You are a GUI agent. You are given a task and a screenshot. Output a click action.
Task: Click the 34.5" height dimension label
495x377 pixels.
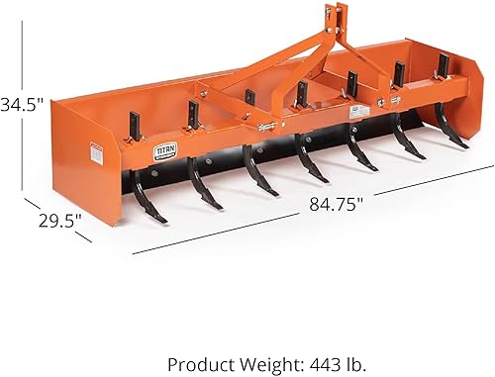pos(22,103)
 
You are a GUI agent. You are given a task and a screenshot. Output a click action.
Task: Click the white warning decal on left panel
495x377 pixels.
pos(97,152)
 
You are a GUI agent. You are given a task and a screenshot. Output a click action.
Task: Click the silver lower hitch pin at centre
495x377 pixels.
pos(266,127)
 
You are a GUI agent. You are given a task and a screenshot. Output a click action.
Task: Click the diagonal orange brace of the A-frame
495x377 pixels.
pos(277,69)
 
